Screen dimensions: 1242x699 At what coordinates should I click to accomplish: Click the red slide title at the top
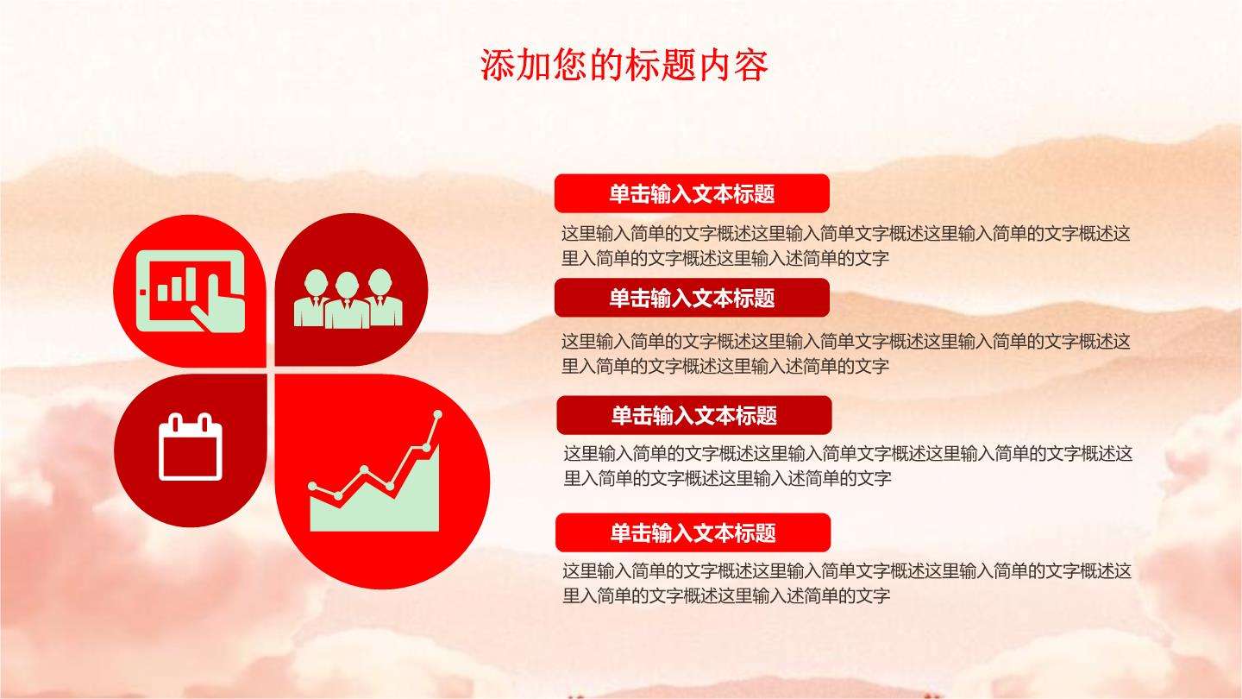click(624, 65)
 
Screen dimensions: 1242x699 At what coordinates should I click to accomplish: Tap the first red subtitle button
click(692, 193)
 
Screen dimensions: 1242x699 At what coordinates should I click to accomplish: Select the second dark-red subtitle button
click(692, 298)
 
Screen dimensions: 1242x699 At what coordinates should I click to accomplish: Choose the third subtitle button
click(693, 415)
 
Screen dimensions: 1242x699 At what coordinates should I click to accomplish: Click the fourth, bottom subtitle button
click(693, 532)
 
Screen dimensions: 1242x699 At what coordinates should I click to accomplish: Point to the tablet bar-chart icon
click(190, 292)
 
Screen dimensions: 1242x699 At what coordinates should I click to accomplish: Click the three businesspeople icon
click(348, 299)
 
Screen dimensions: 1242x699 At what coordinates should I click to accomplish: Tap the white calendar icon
click(190, 447)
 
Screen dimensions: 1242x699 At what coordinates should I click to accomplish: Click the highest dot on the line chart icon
click(437, 414)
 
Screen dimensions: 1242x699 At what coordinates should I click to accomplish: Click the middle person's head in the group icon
click(347, 285)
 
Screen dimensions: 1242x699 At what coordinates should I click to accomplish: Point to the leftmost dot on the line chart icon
click(312, 486)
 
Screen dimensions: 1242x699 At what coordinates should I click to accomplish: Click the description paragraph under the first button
click(845, 246)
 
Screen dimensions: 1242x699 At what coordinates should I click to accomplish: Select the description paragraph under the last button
click(847, 583)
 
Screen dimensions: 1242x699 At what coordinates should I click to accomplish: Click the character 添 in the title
click(497, 66)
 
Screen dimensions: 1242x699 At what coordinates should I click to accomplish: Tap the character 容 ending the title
click(750, 66)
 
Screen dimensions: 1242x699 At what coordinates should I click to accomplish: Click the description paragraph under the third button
click(848, 466)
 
